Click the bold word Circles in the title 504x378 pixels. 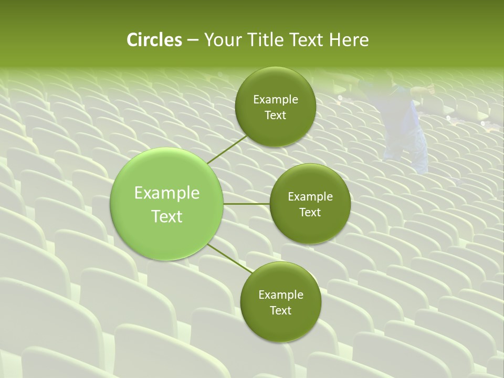click(154, 40)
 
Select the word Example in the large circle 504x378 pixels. click(167, 193)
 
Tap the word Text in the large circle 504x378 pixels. click(167, 216)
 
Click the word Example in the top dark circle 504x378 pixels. click(276, 100)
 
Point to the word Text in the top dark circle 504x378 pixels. click(275, 115)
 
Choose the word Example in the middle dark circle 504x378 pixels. click(310, 197)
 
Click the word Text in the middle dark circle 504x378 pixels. click(310, 213)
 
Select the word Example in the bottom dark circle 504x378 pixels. click(281, 295)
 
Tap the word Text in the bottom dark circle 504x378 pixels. click(280, 311)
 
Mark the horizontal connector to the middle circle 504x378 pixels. click(246, 204)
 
